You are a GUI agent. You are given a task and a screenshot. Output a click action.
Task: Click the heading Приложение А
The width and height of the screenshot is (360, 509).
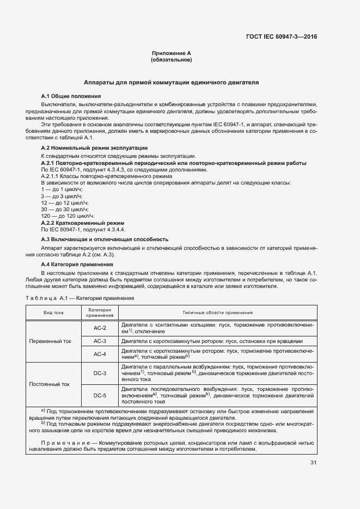tap(171, 53)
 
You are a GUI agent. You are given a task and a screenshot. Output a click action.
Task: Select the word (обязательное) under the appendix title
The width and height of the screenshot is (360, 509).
tap(171, 60)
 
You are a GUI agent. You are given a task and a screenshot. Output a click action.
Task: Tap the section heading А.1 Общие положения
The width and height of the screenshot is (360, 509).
tap(68, 96)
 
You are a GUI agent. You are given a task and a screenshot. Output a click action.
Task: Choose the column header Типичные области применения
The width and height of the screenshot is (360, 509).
tap(217, 312)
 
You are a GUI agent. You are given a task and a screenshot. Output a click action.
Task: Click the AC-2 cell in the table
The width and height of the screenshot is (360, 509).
tap(100, 328)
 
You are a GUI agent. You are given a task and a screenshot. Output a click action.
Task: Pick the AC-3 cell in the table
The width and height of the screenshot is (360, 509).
tap(100, 341)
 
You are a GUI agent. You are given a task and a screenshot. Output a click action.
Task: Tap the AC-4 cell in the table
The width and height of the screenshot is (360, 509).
tap(100, 354)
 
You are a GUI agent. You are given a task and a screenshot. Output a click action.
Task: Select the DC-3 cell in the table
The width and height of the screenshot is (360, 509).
tap(100, 374)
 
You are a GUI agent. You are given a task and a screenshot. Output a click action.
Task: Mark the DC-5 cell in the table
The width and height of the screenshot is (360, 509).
tap(100, 396)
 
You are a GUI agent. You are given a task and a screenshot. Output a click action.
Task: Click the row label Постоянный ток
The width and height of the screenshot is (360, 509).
tap(51, 384)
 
